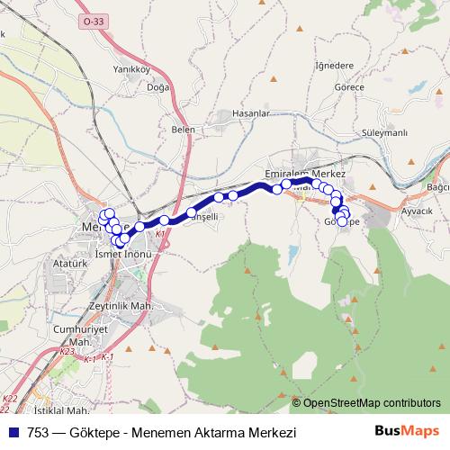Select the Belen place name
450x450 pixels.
tap(183, 130)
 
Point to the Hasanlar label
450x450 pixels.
tap(251, 113)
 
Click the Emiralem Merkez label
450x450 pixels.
tap(306, 171)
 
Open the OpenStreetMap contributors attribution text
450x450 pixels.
tap(372, 402)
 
